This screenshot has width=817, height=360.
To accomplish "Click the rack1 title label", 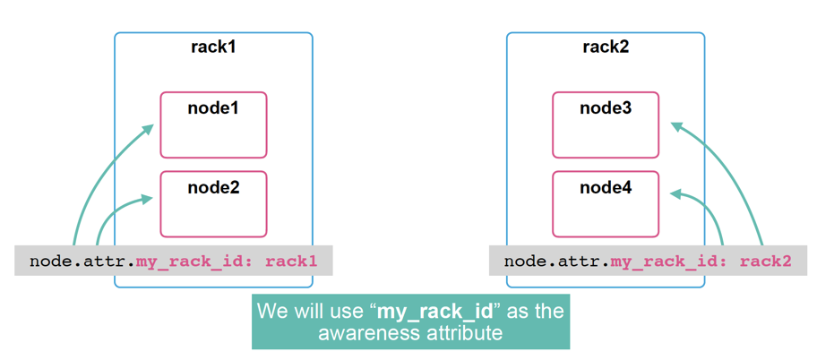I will [213, 47].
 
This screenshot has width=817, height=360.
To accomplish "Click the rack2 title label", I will [606, 47].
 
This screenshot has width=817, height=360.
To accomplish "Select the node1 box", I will [213, 124].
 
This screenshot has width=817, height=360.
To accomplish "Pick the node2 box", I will [213, 203].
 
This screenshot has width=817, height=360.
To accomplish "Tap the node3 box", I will [606, 124].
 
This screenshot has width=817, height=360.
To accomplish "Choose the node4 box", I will [606, 203].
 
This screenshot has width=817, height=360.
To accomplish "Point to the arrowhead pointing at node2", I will [148, 199].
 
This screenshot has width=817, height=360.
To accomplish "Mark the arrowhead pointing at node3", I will [675, 126].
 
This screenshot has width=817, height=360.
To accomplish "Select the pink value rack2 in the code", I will [767, 261].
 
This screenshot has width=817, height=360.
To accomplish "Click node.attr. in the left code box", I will [82, 261].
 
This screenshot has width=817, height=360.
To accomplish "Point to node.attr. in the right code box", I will [556, 261].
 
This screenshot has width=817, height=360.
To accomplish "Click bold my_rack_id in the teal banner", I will [434, 313].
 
